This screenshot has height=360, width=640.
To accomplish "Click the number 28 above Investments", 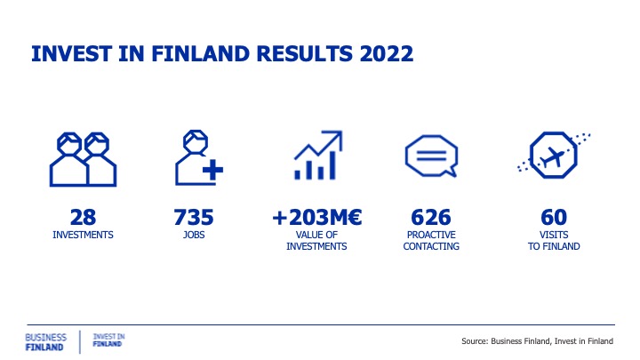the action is click(x=83, y=217).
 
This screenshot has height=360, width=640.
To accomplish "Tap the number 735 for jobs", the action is click(x=194, y=217).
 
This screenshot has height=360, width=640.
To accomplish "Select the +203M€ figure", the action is click(x=316, y=217).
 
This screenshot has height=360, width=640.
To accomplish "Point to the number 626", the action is click(x=431, y=217).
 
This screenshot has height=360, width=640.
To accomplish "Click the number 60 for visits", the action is click(x=554, y=217).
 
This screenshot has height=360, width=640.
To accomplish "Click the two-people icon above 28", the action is click(x=83, y=160).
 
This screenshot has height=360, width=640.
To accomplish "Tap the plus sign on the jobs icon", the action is click(x=212, y=170).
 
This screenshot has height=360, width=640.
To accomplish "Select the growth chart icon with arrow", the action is click(x=318, y=155).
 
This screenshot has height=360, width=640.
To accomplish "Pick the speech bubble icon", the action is click(x=431, y=156).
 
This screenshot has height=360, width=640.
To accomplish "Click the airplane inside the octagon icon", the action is click(x=552, y=156).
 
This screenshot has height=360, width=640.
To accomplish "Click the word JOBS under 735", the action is click(x=194, y=235).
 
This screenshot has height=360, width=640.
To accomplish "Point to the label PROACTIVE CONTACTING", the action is click(x=431, y=241).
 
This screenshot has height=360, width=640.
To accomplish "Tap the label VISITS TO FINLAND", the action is click(x=554, y=241).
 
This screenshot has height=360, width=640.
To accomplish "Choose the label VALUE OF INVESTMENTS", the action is click(x=316, y=241).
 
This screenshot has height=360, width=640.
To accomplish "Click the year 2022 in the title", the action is click(x=387, y=54).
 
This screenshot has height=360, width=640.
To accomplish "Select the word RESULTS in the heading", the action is click(x=305, y=54).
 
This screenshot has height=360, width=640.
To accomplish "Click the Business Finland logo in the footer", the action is click(x=45, y=342).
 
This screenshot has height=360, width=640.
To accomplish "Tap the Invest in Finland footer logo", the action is click(x=108, y=340).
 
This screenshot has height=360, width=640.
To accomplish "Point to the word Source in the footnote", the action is click(x=474, y=341).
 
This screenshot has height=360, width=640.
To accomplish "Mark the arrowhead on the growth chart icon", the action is click(x=334, y=138).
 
